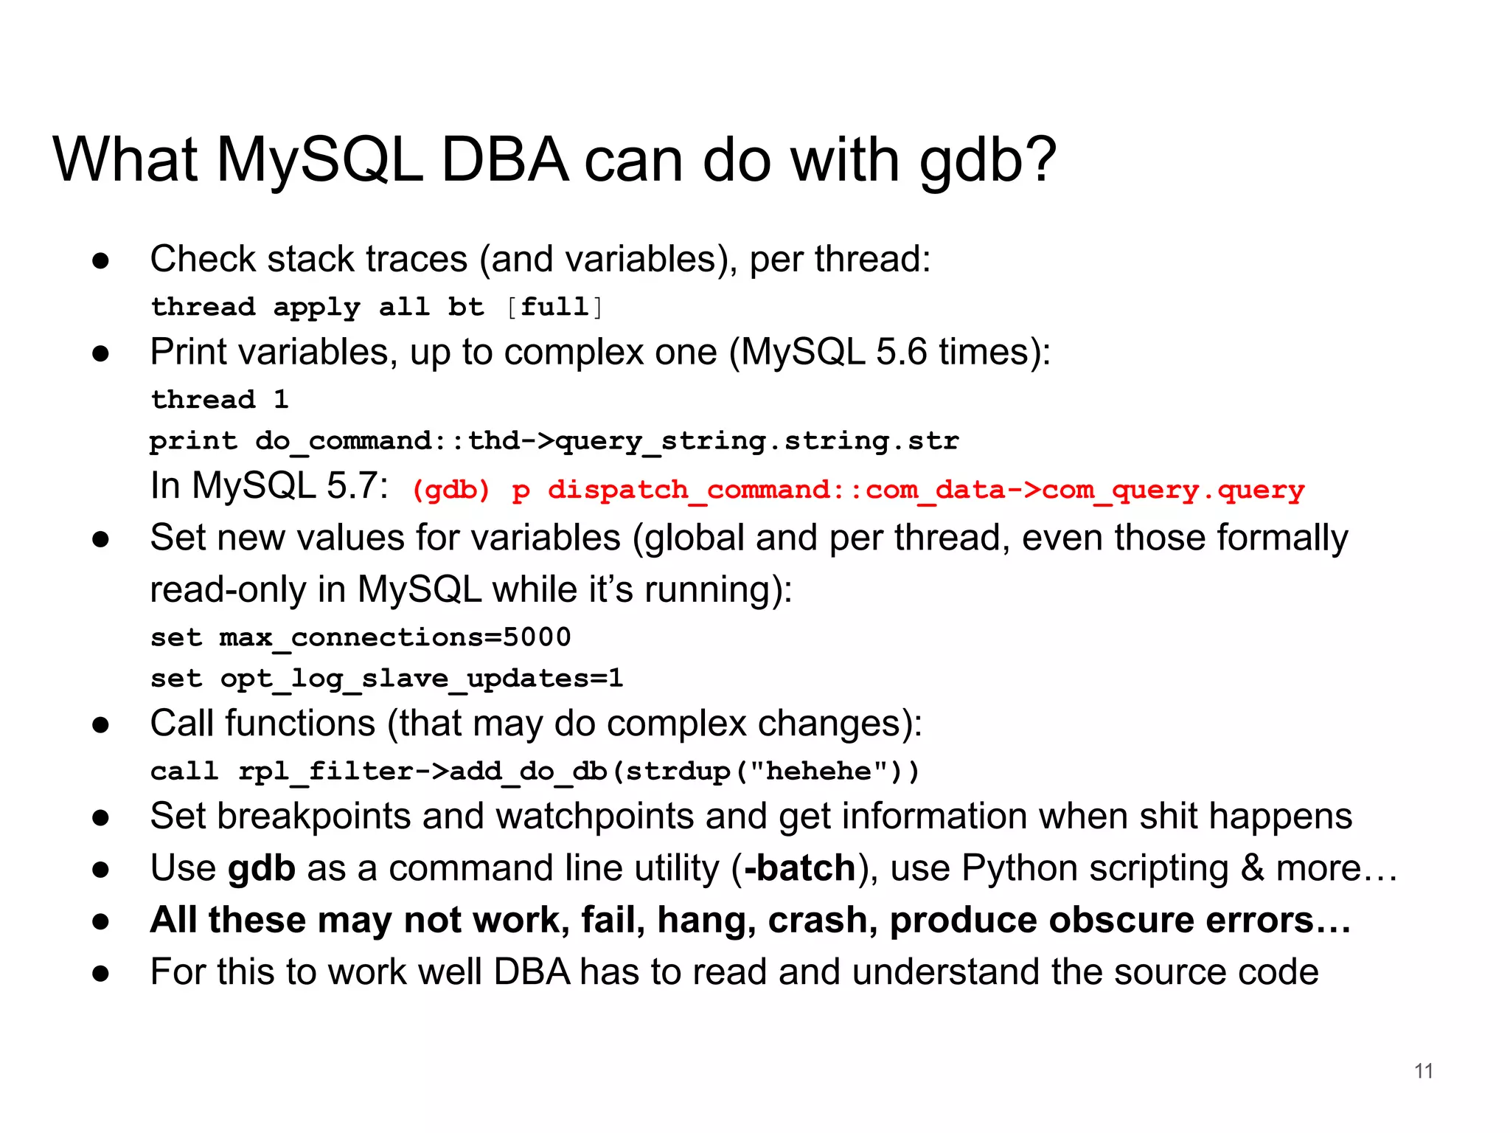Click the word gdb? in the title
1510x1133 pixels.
pyautogui.click(x=988, y=161)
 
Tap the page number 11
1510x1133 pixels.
pyautogui.click(x=1424, y=1071)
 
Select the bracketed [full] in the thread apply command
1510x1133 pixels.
pyautogui.click(x=554, y=307)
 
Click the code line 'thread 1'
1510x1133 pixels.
pyautogui.click(x=220, y=400)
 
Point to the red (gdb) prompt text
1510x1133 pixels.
pyautogui.click(x=451, y=490)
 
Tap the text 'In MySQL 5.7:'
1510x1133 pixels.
pyautogui.click(x=269, y=486)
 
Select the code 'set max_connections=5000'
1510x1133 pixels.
pyautogui.click(x=361, y=637)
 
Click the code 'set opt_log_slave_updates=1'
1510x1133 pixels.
pyautogui.click(x=386, y=679)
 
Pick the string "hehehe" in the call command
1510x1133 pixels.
pyautogui.click(x=818, y=772)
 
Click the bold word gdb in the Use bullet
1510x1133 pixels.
pyautogui.click(x=262, y=868)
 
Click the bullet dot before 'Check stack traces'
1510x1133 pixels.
pyautogui.click(x=101, y=260)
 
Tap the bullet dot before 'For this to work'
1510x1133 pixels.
pyautogui.click(x=101, y=974)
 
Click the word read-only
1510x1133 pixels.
pyautogui.click(x=228, y=590)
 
